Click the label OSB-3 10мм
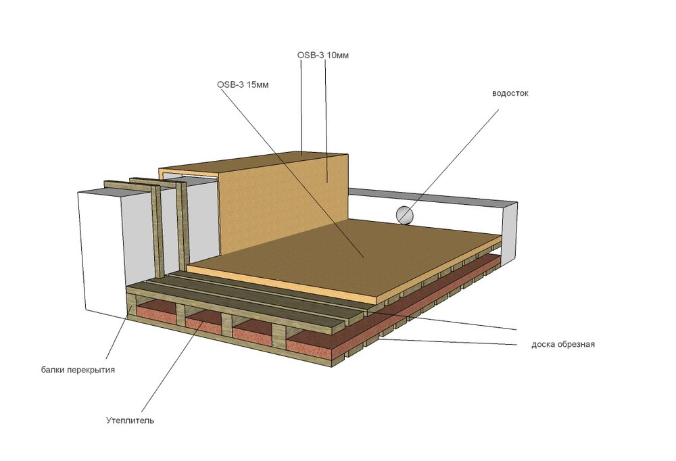pyautogui.click(x=323, y=55)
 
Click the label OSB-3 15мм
pyautogui.click(x=243, y=84)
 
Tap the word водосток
pyautogui.click(x=510, y=93)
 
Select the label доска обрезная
pyautogui.click(x=563, y=344)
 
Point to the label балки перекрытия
pyautogui.click(x=78, y=370)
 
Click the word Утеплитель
pyautogui.click(x=130, y=420)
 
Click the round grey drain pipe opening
pyautogui.click(x=405, y=215)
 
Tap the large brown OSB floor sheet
pyautogui.click(x=345, y=254)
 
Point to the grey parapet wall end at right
pyautogui.click(x=509, y=233)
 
